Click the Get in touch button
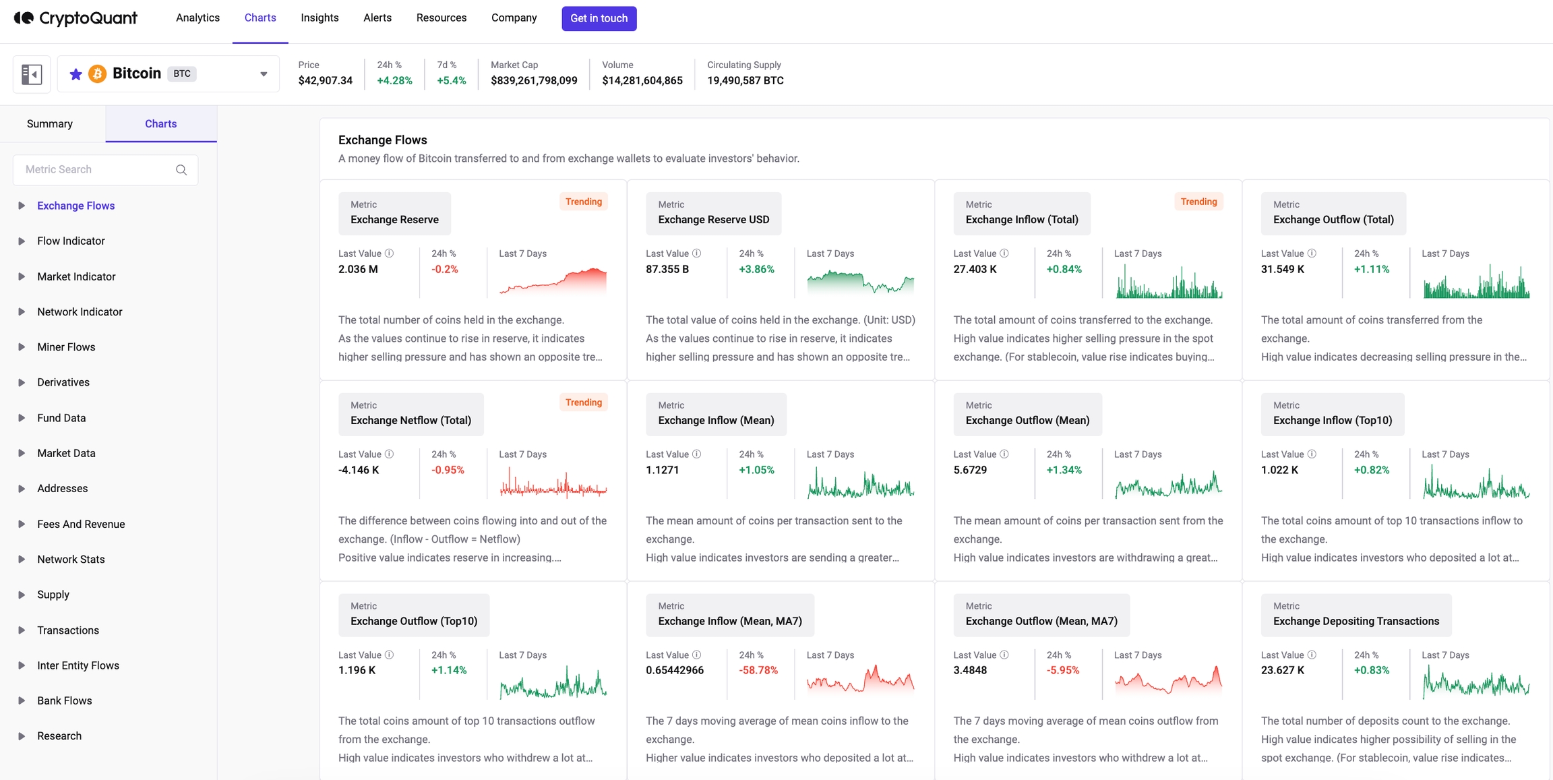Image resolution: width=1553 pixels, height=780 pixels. pyautogui.click(x=599, y=18)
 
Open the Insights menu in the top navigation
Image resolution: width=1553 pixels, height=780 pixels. pyautogui.click(x=319, y=18)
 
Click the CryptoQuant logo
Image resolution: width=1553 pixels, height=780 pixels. pyautogui.click(x=75, y=18)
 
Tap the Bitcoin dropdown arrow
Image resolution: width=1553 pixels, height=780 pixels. pyautogui.click(x=264, y=74)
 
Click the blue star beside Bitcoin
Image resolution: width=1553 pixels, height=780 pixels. pyautogui.click(x=76, y=74)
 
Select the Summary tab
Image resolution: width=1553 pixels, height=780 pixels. pyautogui.click(x=50, y=123)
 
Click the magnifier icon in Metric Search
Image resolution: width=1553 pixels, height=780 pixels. pyautogui.click(x=181, y=170)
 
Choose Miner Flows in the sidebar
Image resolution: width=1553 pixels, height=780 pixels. pyautogui.click(x=66, y=347)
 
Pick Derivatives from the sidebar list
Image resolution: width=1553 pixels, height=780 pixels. pyautogui.click(x=63, y=382)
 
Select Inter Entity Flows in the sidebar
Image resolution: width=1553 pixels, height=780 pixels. pyautogui.click(x=78, y=665)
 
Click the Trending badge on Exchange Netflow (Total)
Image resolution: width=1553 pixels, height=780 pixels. pyautogui.click(x=583, y=402)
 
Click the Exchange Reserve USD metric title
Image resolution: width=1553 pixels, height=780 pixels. pyautogui.click(x=713, y=220)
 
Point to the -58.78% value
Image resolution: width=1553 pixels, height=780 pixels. pyautogui.click(x=758, y=670)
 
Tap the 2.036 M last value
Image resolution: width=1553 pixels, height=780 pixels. pyautogui.click(x=358, y=269)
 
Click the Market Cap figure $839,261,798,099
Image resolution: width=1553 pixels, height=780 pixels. pyautogui.click(x=534, y=81)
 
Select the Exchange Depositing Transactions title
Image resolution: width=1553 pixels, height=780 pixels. pyautogui.click(x=1356, y=621)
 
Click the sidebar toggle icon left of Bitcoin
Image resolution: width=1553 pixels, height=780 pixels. pyautogui.click(x=32, y=74)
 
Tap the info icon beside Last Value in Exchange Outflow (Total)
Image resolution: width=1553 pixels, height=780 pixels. pyautogui.click(x=1312, y=253)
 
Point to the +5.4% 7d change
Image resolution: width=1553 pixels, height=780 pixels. pyautogui.click(x=451, y=81)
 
